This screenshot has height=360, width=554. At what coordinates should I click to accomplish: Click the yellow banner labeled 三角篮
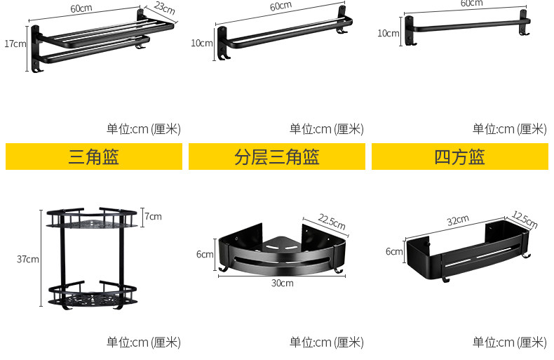tap(94, 156)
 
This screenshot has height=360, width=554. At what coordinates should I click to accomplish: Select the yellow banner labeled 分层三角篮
tap(277, 156)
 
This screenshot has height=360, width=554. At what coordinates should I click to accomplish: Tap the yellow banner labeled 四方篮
tap(459, 156)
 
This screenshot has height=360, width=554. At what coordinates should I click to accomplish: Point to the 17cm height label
tap(15, 44)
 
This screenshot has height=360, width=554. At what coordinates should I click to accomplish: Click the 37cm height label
tap(27, 259)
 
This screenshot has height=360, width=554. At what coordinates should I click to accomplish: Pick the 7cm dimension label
tap(154, 216)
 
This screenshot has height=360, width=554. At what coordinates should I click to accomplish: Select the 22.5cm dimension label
tap(332, 222)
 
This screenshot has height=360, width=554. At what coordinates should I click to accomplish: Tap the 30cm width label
tap(282, 283)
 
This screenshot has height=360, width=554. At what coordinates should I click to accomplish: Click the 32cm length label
tap(457, 220)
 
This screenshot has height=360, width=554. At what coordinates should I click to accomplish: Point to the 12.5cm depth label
tap(525, 220)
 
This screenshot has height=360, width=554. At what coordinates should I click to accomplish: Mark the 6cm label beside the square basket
tap(393, 251)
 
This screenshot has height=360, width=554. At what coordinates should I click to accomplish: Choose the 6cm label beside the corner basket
tap(204, 254)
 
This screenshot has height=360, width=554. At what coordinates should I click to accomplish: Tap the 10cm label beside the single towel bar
tap(388, 33)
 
